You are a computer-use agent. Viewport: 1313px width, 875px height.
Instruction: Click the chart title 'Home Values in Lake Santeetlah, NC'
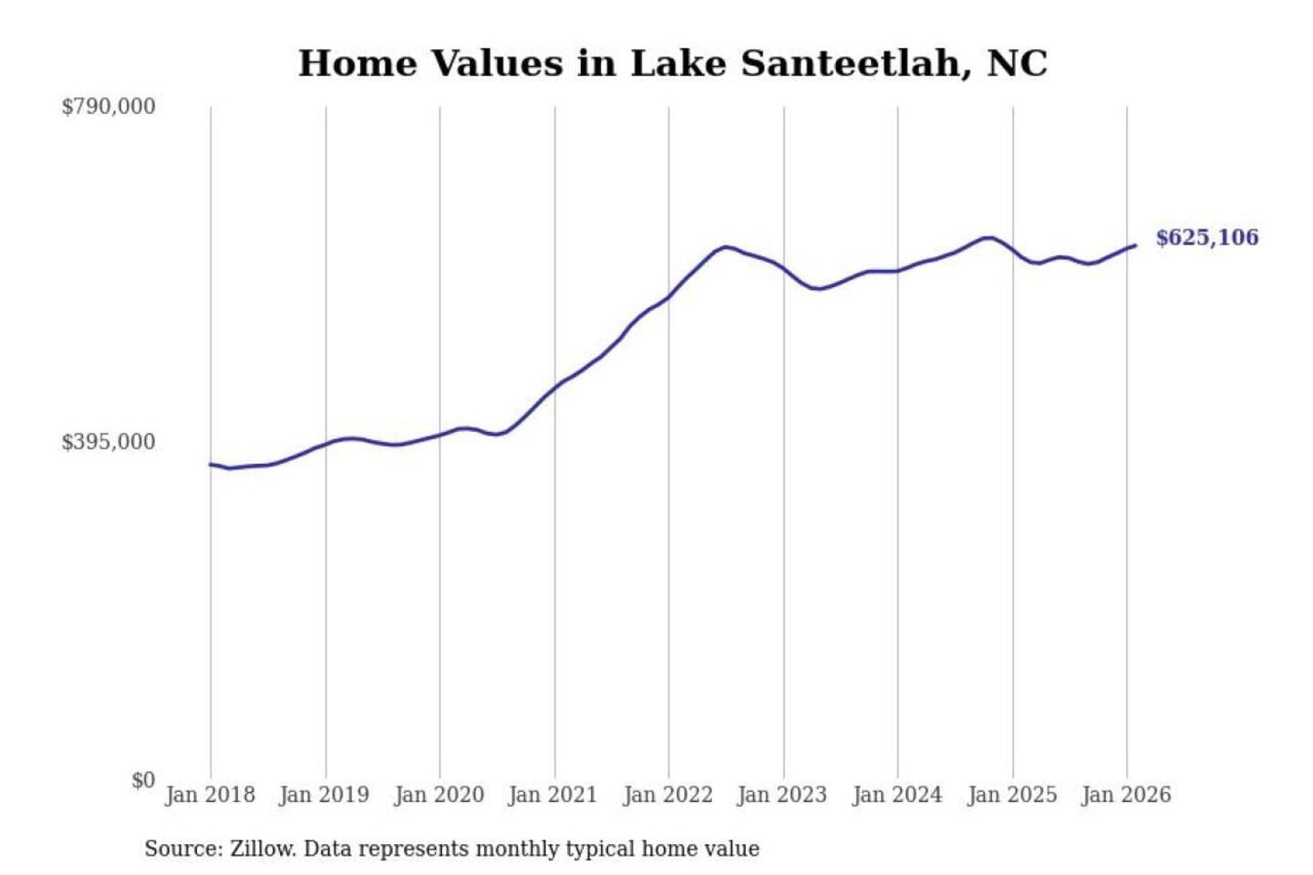pos(673,64)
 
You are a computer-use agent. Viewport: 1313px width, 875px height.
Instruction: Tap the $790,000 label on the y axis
pos(109,107)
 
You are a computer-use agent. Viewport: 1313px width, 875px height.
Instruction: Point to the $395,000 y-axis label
pos(109,442)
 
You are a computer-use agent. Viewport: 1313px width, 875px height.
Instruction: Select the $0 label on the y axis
pos(142,780)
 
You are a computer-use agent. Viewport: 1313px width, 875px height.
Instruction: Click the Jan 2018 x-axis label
pos(210,795)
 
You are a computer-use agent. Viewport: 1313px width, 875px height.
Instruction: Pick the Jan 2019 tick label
pos(324,795)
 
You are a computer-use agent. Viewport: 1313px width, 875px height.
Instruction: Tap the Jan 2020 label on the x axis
pos(439,795)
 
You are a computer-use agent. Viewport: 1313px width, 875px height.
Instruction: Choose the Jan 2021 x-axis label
pos(553,795)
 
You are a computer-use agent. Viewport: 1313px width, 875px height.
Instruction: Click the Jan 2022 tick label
pos(667,795)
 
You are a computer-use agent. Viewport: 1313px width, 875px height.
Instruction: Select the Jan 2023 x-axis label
pos(781,795)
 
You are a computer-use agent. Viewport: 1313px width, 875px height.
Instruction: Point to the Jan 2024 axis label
pos(896,795)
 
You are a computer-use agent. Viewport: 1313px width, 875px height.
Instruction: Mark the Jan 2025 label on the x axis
pos(1011,795)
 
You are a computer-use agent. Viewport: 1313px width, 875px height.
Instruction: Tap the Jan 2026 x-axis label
pos(1125,795)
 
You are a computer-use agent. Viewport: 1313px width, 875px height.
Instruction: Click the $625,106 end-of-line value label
pos(1206,238)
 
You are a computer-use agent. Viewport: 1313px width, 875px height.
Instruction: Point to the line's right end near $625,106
pos(1135,245)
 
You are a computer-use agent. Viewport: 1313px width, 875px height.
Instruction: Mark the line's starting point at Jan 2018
pos(211,464)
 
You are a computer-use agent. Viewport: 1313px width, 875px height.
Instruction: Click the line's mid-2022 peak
pos(725,246)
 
